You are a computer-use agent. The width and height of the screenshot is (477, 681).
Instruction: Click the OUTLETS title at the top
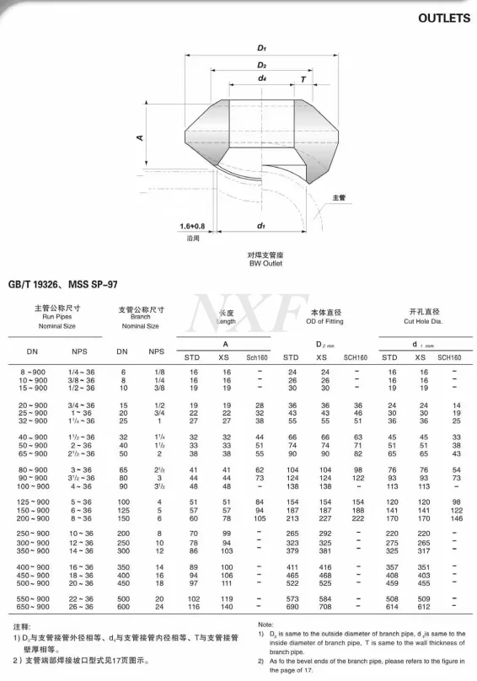coord(437,17)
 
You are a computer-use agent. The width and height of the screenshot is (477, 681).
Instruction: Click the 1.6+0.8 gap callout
coord(192,226)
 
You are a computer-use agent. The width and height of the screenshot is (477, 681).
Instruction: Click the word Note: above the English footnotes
coord(265,625)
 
